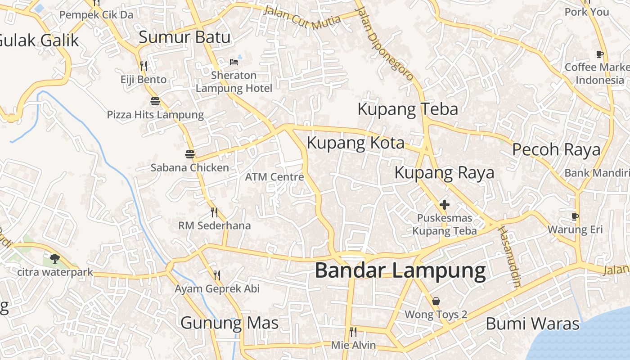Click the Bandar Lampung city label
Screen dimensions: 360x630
[x=400, y=271]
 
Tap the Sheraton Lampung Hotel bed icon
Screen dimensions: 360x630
[x=234, y=62]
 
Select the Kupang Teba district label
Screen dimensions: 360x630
[x=408, y=109]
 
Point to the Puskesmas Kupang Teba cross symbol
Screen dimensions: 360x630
[x=445, y=205]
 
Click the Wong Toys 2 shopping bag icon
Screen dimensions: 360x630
[x=436, y=301]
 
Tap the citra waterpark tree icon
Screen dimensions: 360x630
[x=55, y=258]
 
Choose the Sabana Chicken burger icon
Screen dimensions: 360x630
[x=190, y=154]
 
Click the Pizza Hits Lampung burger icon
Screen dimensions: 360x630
[x=155, y=101]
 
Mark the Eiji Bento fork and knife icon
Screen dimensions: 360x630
[x=144, y=66]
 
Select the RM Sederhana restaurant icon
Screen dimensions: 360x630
[x=214, y=212]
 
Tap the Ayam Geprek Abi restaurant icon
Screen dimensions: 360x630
[x=217, y=275]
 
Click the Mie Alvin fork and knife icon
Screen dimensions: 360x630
[x=353, y=332]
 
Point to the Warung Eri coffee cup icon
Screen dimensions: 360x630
[x=575, y=216]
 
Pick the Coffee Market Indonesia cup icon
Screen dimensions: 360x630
[x=599, y=54]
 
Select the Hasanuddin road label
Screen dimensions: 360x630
[x=509, y=256]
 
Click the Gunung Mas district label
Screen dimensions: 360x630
[x=229, y=323]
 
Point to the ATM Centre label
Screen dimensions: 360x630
[x=274, y=177]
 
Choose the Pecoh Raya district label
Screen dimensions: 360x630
[x=556, y=150]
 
